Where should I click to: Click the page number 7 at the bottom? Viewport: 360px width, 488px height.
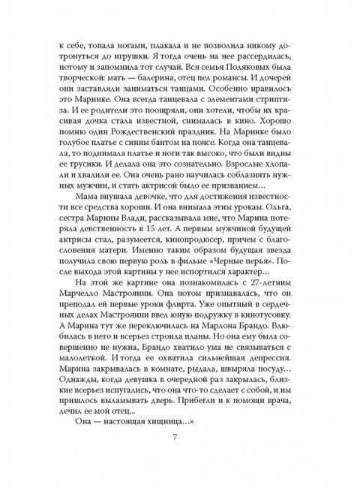click(x=180, y=452)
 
